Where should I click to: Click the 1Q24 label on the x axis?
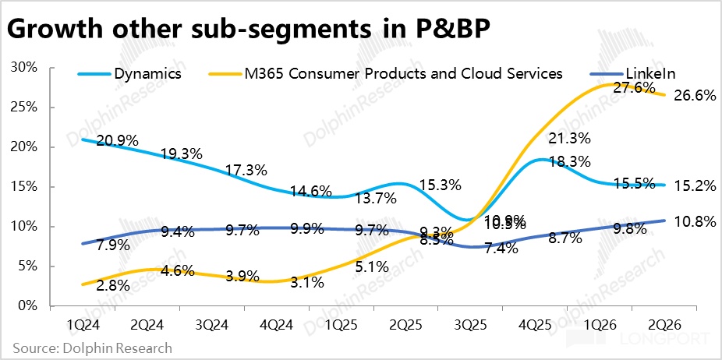tap(82, 322)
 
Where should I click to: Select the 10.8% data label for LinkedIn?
tap(692, 221)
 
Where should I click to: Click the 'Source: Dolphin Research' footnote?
tap(93, 348)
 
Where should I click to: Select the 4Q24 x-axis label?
tap(275, 322)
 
